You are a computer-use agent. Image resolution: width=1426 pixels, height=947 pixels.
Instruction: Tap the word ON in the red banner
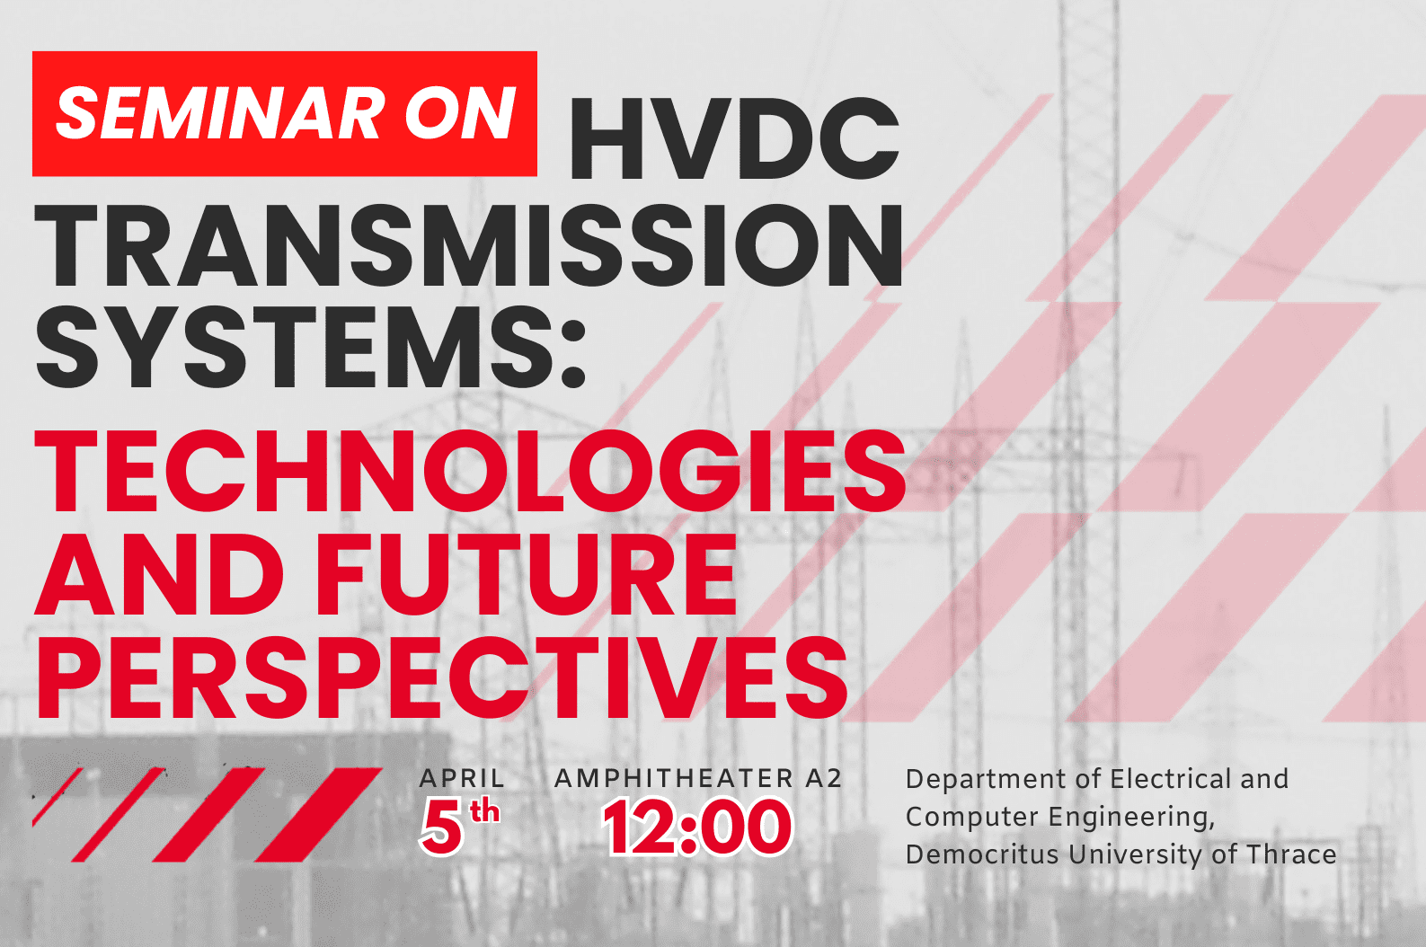coord(460,114)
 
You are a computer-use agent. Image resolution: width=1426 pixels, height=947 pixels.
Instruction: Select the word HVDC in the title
coord(735,139)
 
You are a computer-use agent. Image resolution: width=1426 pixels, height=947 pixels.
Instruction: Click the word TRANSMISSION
coord(468,245)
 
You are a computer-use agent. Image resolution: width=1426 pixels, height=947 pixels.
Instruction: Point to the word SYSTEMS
coord(294,348)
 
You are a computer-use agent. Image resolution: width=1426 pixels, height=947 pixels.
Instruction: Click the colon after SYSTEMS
coord(573,352)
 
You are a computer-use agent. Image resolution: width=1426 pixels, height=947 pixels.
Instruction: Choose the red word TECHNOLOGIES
coord(471,470)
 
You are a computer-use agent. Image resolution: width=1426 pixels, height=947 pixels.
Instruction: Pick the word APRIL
coord(462,778)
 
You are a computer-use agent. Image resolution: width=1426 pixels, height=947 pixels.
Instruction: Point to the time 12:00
coord(697,827)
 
